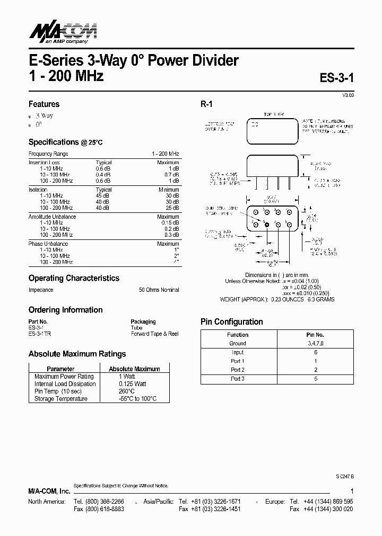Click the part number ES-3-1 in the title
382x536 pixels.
pos(336,78)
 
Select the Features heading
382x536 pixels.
pos(44,104)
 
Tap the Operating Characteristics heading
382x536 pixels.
pos(74,278)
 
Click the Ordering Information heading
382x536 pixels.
pos(65,310)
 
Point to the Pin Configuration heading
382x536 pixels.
pos(231,321)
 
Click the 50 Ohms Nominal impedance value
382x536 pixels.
pos(159,290)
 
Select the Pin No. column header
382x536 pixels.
pos(315,335)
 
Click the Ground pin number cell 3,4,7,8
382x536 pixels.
pos(315,343)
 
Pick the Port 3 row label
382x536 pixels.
pos(237,379)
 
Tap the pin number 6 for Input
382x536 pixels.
pos(315,352)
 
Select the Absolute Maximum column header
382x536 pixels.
pos(134,369)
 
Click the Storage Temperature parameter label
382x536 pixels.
pos(61,398)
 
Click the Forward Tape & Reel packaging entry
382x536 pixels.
pos(154,334)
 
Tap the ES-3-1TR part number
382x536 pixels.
pos(40,334)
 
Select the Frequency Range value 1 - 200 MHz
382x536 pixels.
pos(165,154)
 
